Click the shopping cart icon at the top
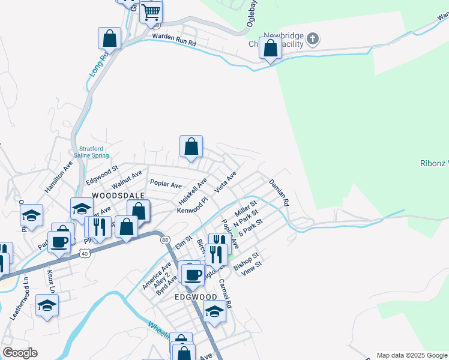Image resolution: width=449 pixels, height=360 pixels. tap(151, 11)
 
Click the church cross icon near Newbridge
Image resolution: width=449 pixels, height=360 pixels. tap(312, 40)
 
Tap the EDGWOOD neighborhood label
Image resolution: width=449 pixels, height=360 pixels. tap(195, 296)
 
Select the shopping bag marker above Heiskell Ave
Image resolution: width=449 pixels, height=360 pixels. tap(191, 146)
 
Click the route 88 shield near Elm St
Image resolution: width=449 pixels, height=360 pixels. tap(165, 239)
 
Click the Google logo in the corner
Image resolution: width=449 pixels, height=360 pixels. tap(20, 353)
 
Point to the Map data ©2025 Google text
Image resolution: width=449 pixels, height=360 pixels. tap(411, 355)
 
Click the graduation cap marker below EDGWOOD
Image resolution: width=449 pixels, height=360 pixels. tap(214, 311)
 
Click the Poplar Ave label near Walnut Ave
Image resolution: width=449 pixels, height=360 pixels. tap(166, 184)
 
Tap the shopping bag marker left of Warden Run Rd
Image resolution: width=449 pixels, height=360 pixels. tap(110, 38)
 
